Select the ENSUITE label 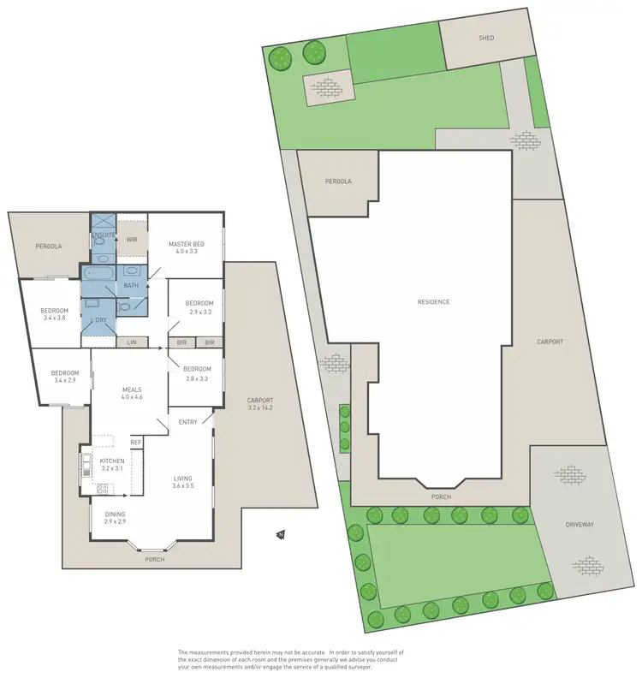click(103, 235)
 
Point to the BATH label click(131, 285)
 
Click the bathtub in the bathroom click(99, 274)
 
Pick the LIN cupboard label click(131, 342)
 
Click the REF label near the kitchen click(135, 442)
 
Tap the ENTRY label click(188, 422)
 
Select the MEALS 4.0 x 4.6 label click(131, 392)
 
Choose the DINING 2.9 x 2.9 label click(115, 517)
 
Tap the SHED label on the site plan click(486, 38)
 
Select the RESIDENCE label click(433, 301)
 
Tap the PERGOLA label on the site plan click(337, 181)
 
